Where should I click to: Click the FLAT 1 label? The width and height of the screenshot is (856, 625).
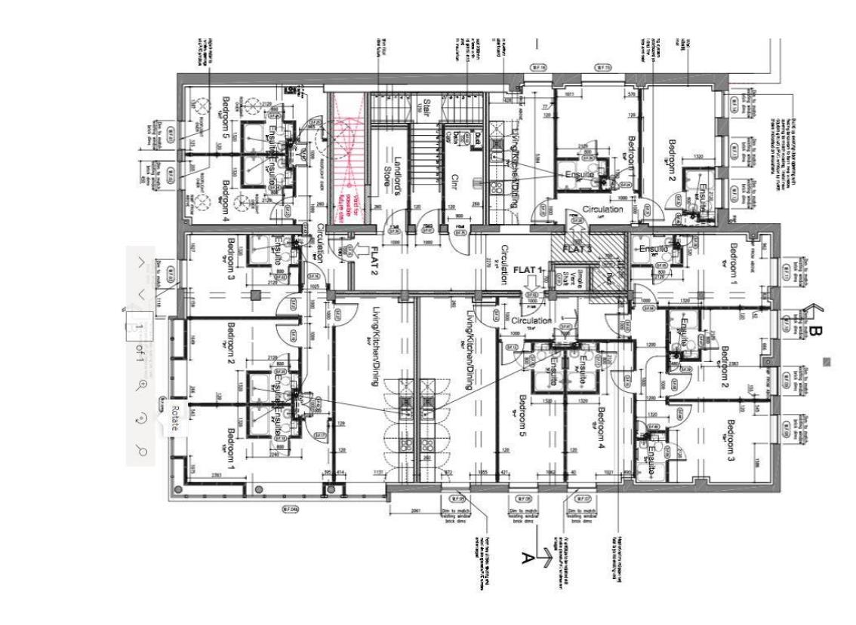tap(528, 269)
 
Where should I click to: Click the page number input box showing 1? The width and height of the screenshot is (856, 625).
tap(140, 326)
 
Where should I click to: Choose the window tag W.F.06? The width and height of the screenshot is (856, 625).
tap(523, 498)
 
